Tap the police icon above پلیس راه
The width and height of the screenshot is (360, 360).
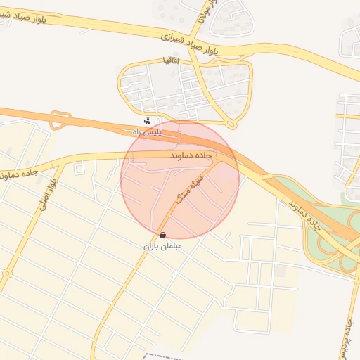147,121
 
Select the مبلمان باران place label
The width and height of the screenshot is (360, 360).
163,247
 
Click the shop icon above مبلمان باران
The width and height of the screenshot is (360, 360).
163,235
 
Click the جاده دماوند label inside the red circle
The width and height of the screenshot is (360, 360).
191,153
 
